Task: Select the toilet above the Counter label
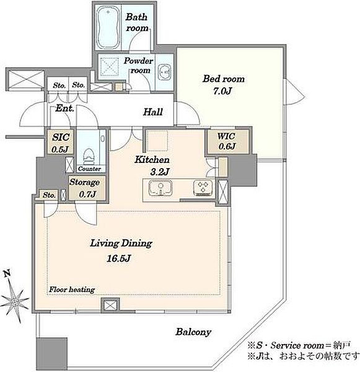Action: point(89,156)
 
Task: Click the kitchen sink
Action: point(160,188)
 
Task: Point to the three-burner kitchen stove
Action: point(203,188)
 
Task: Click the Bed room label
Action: point(224,79)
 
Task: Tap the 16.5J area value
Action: point(118,258)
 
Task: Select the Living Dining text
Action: point(121,244)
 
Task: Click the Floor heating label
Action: point(72,290)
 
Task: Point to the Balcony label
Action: point(193,332)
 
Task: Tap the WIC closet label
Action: point(227,136)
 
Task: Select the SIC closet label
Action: point(61,137)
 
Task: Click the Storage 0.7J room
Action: point(87,188)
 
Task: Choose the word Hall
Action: point(153,112)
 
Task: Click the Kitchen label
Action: point(152,160)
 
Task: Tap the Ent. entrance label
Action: point(64,108)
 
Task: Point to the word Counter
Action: point(89,169)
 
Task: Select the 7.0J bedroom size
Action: point(222,91)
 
